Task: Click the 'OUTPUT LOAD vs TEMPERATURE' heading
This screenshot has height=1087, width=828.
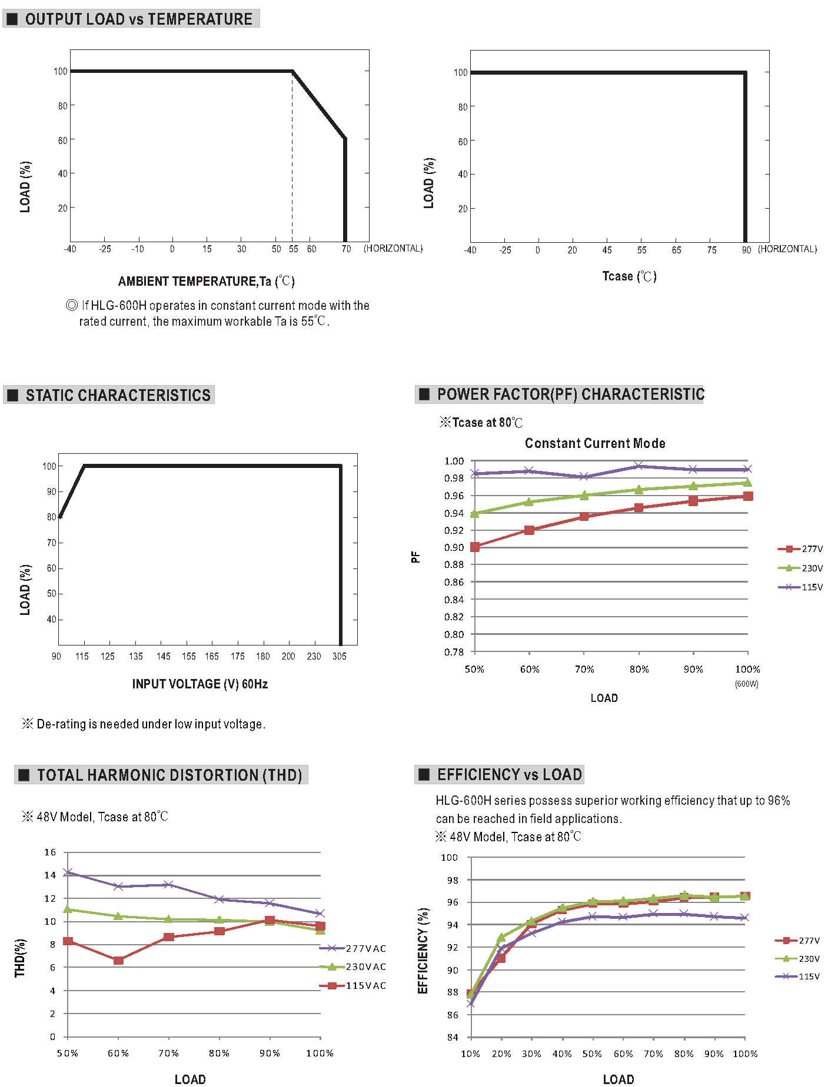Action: [139, 19]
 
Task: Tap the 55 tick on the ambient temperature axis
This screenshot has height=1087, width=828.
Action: [293, 249]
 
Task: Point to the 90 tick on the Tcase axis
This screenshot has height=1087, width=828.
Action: [746, 250]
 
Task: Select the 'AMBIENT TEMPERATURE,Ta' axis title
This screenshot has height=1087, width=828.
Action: [195, 281]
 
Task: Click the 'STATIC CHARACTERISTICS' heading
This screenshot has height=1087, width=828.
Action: [118, 395]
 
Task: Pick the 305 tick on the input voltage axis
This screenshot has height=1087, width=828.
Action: [340, 656]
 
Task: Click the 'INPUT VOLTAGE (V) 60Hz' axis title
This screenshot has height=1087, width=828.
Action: [200, 684]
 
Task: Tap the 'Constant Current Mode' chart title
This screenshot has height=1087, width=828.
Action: [595, 443]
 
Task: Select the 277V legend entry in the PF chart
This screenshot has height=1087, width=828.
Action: [800, 549]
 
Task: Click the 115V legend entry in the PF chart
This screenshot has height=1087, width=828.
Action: [800, 587]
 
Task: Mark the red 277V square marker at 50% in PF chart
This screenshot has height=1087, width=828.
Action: [475, 547]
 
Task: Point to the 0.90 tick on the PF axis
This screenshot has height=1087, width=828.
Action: [454, 547]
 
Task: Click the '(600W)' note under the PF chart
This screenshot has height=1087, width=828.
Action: [747, 684]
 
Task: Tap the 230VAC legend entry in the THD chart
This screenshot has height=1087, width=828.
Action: [353, 966]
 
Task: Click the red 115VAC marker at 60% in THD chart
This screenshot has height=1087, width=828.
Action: [118, 960]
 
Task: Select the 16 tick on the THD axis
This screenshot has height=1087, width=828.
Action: [50, 852]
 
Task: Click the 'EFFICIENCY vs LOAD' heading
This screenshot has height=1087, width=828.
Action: [510, 774]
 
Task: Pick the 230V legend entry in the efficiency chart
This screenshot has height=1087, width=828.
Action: [797, 958]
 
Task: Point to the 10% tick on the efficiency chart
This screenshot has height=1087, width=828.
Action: [470, 1053]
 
